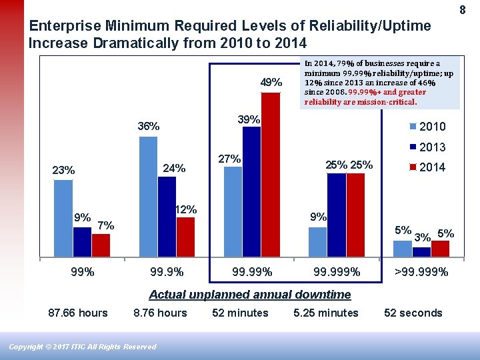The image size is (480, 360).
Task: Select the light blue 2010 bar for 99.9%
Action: [x=148, y=197]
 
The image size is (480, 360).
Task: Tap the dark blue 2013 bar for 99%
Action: [x=82, y=242]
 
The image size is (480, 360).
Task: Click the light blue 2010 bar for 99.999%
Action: [x=318, y=242]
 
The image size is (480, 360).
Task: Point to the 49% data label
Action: [x=271, y=83]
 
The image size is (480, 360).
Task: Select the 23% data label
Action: [x=63, y=171]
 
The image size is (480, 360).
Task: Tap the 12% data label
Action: [x=185, y=209]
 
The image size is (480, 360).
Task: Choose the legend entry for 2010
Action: [x=426, y=127]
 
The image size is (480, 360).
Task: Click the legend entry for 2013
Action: [x=426, y=147]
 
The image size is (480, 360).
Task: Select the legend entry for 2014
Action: [x=426, y=167]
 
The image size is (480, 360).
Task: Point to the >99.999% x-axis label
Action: [x=421, y=272]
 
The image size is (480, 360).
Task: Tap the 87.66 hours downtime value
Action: [x=78, y=313]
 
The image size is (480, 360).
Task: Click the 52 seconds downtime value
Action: [x=413, y=313]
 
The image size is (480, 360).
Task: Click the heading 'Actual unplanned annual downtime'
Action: [x=249, y=295]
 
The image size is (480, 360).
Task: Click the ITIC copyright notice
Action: [x=83, y=347]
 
